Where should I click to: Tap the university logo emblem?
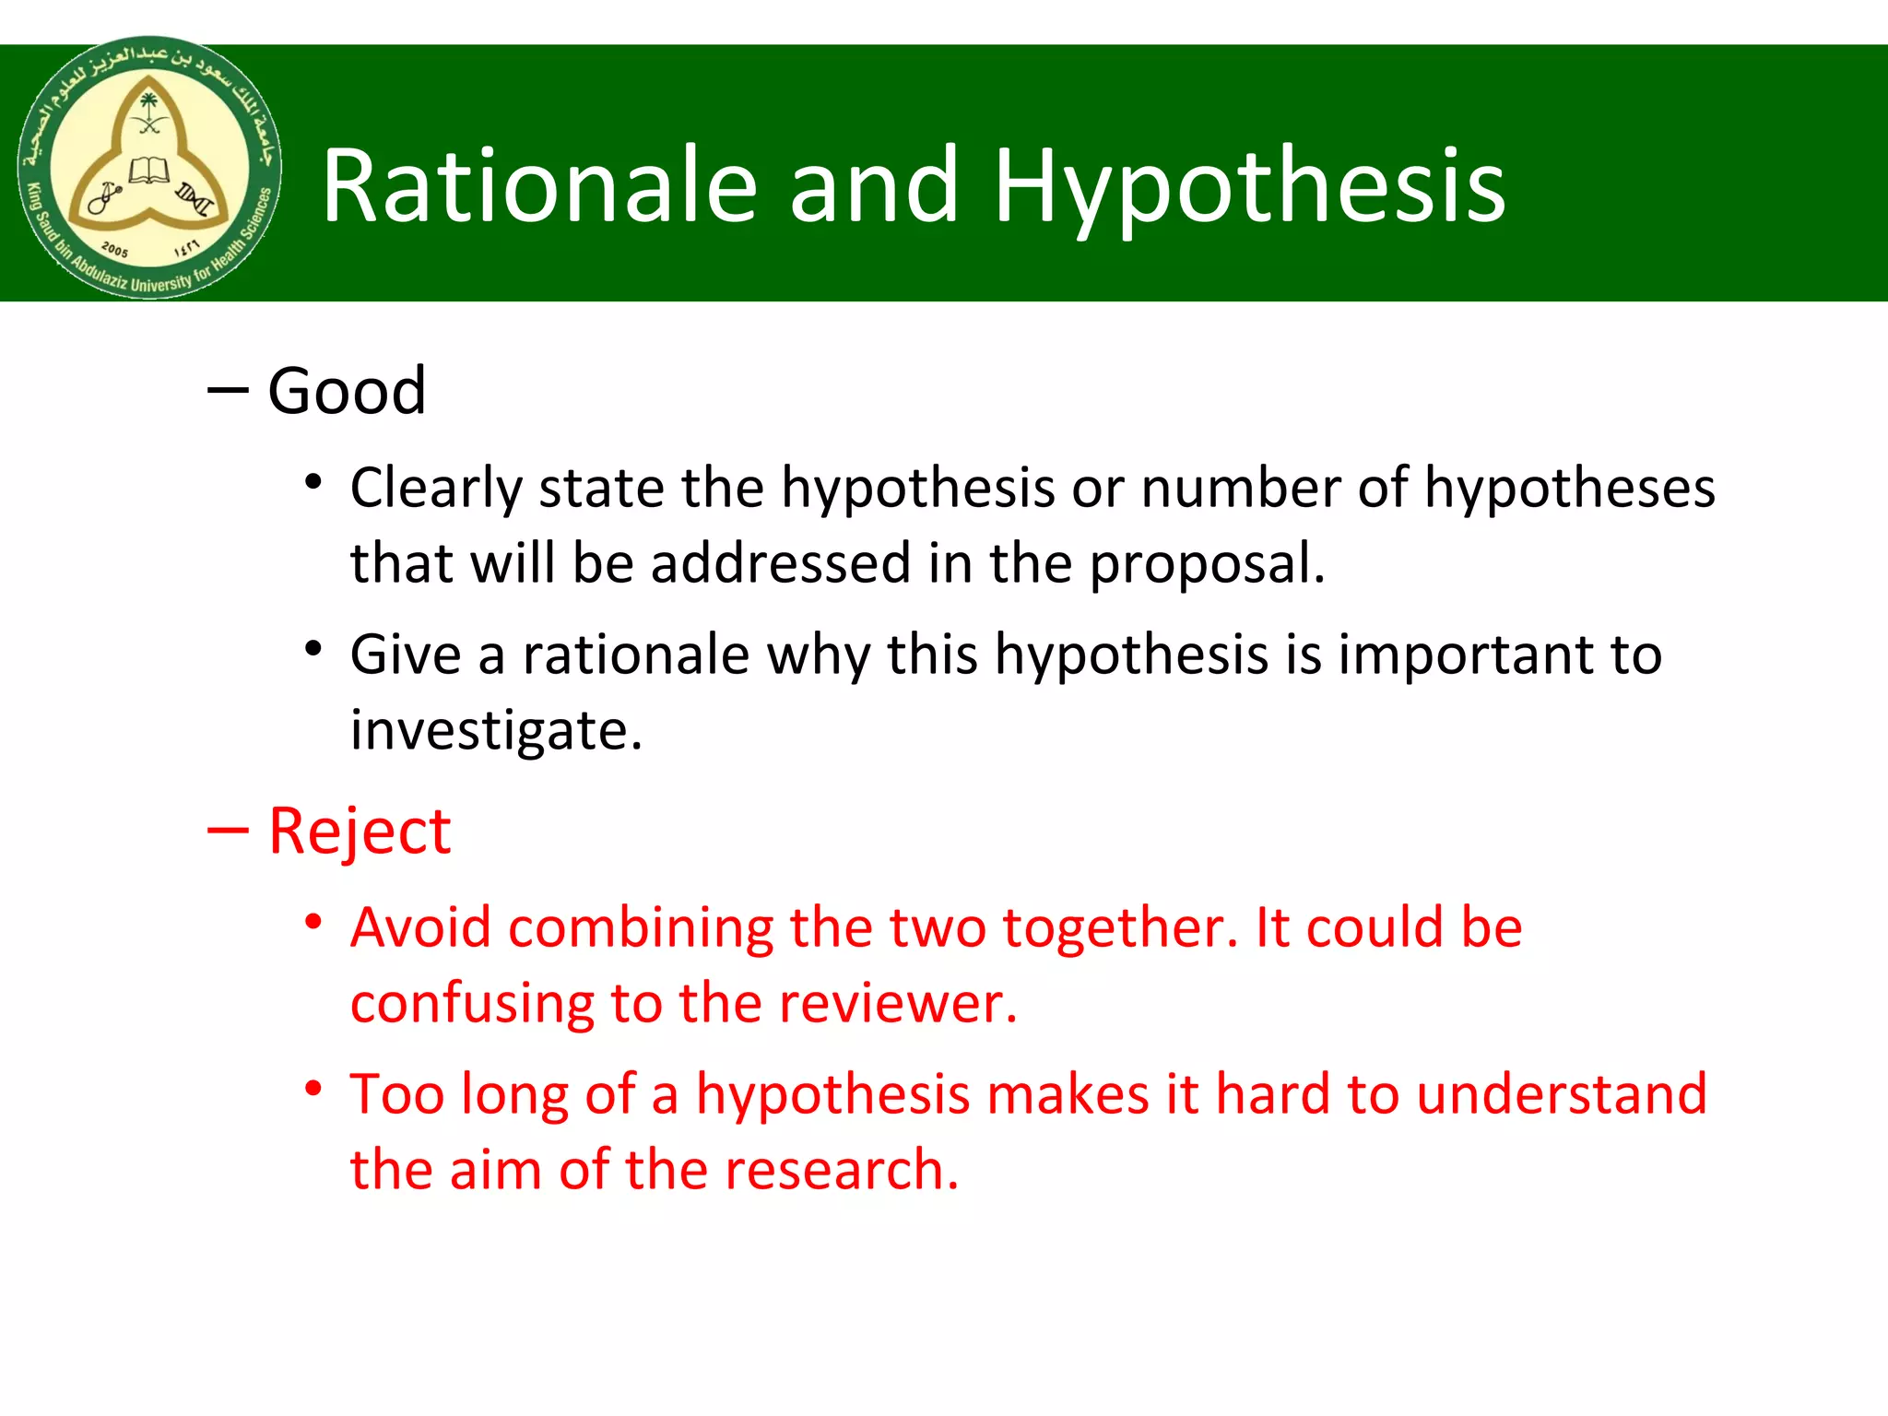[x=149, y=169]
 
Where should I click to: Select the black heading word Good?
[x=347, y=391]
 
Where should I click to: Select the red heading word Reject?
[x=360, y=832]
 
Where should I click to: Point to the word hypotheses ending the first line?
[x=1569, y=489]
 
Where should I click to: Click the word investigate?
[x=496, y=731]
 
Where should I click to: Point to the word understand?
[x=1562, y=1094]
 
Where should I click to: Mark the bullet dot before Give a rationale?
[x=314, y=649]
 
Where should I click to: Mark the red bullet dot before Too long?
[x=314, y=1089]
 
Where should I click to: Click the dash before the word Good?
[x=228, y=391]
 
